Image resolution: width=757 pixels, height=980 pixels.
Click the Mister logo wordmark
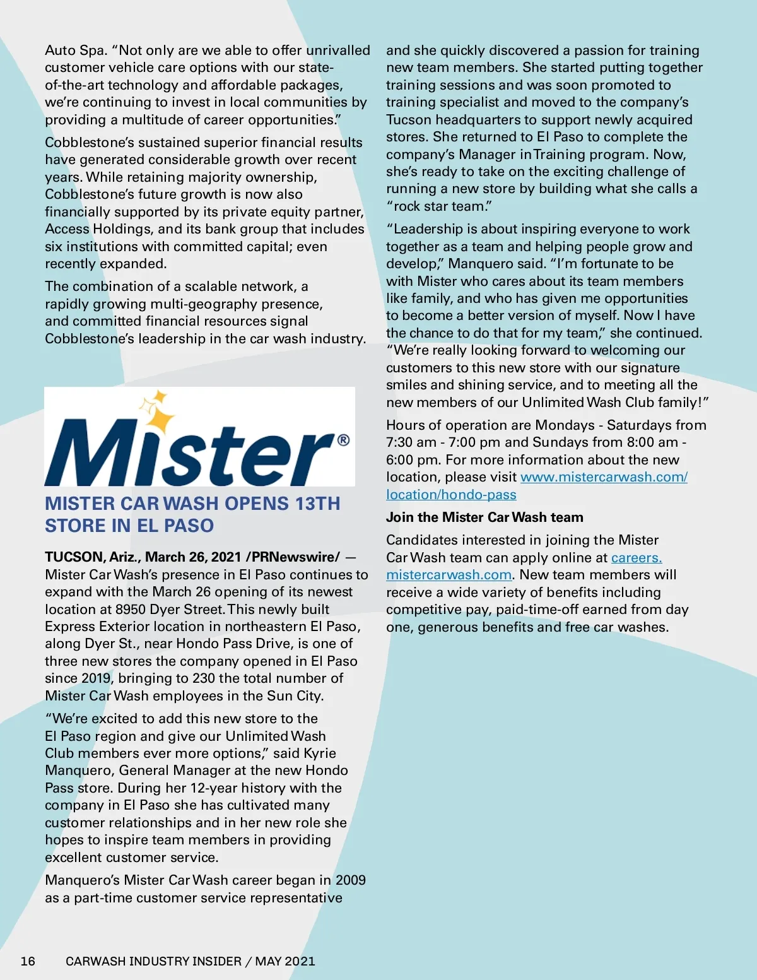[189, 451]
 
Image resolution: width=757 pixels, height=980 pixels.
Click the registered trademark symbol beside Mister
[343, 440]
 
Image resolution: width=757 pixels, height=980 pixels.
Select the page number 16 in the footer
[28, 961]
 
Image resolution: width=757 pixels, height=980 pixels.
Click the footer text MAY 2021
[285, 961]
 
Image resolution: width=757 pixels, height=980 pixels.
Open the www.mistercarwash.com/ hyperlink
[604, 477]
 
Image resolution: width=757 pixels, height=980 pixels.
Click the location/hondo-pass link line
[451, 495]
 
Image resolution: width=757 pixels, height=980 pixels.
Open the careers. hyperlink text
[636, 558]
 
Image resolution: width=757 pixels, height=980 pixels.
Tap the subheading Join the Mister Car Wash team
[484, 517]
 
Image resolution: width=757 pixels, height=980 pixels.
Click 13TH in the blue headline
[318, 504]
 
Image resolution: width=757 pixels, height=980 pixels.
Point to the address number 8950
[132, 610]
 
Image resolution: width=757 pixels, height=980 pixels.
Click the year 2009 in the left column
[350, 880]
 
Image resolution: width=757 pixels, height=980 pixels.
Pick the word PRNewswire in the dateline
[295, 557]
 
